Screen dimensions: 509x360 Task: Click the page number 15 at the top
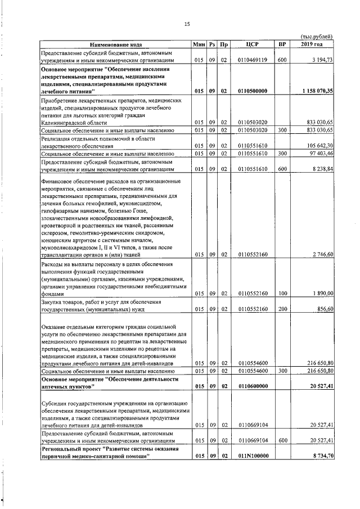click(187, 23)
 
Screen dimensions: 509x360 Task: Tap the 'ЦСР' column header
click(252, 44)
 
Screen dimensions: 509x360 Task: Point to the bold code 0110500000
click(252, 91)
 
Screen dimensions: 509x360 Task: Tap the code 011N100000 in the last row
click(252, 455)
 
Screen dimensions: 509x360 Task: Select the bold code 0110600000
click(252, 386)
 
